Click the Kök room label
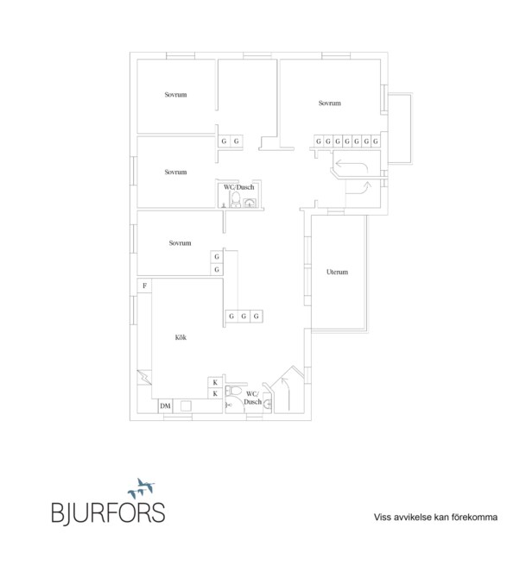pyautogui.click(x=181, y=337)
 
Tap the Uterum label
pyautogui.click(x=338, y=272)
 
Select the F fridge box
pyautogui.click(x=144, y=286)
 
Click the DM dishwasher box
pyautogui.click(x=165, y=406)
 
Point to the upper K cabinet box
pyautogui.click(x=215, y=383)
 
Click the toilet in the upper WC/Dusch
pyautogui.click(x=236, y=200)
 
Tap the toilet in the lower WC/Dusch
pyautogui.click(x=234, y=390)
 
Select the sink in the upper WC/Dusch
pyautogui.click(x=250, y=203)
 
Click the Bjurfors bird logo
pyautogui.click(x=142, y=488)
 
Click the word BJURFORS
pyautogui.click(x=108, y=512)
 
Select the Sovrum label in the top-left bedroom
pyautogui.click(x=175, y=95)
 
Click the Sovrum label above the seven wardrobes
pyautogui.click(x=330, y=103)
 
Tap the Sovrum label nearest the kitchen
pyautogui.click(x=180, y=243)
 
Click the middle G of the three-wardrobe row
pyautogui.click(x=244, y=317)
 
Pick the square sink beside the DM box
pyautogui.click(x=187, y=406)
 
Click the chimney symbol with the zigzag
pyautogui.click(x=144, y=377)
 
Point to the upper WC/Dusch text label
pyautogui.click(x=239, y=187)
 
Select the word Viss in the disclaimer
pyautogui.click(x=382, y=517)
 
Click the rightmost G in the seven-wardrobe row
pyautogui.click(x=376, y=141)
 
